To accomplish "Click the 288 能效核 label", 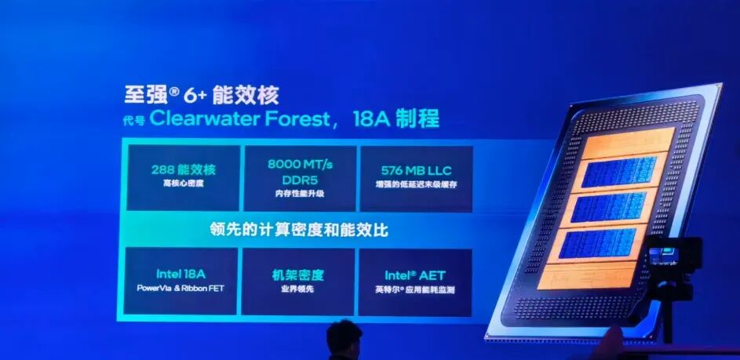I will [x=183, y=169].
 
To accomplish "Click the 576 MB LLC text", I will [x=415, y=169].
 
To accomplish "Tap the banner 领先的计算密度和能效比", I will [x=299, y=231].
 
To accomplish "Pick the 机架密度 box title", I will [x=298, y=275].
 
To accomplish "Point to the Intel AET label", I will [x=415, y=275].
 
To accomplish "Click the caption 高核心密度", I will [x=183, y=183].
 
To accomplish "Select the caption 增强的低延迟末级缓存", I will [x=415, y=183].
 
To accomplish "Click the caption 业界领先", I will [x=298, y=289].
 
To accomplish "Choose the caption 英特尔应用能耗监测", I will [x=415, y=289].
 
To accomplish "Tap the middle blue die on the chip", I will [x=610, y=206].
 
